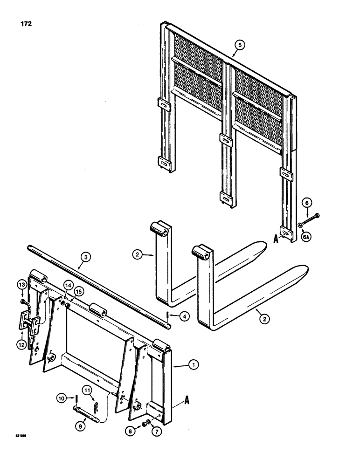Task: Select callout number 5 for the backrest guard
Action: pyautogui.click(x=239, y=45)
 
